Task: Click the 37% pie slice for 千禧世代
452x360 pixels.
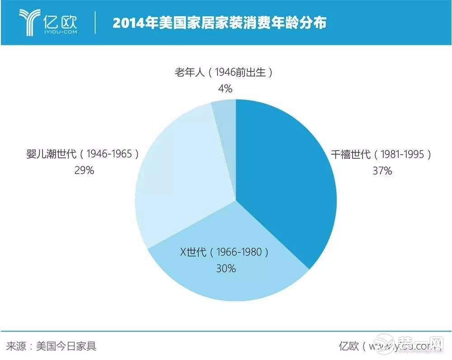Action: (x=289, y=181)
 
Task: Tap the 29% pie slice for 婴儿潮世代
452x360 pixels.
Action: (x=176, y=181)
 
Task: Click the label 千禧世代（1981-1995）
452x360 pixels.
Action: (x=379, y=155)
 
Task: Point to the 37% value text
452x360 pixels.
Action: (x=379, y=171)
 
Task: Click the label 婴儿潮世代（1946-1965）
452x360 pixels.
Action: (x=82, y=154)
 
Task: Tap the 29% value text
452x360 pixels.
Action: (x=84, y=171)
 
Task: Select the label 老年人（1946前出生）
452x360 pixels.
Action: (x=224, y=72)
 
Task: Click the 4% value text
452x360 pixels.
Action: (x=225, y=88)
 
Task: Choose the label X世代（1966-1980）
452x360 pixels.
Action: (x=225, y=252)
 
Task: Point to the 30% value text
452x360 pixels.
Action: (x=226, y=268)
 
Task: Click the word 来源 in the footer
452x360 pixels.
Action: (x=14, y=346)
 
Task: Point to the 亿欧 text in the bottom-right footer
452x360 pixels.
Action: (x=348, y=346)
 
